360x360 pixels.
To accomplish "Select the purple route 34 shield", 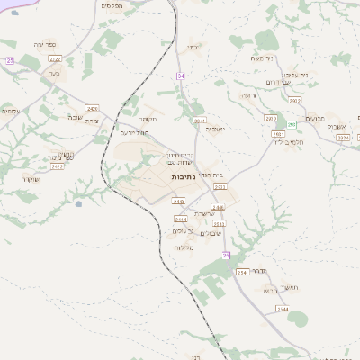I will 181,76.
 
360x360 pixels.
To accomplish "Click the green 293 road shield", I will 292,125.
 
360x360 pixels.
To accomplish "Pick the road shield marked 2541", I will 241,271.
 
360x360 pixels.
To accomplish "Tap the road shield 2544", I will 283,309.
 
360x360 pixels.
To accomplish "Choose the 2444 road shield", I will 180,218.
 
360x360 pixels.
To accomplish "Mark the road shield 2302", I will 294,101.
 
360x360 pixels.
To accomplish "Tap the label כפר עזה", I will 45,43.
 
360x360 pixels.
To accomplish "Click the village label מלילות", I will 185,247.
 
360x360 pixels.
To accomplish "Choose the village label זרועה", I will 249,94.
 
